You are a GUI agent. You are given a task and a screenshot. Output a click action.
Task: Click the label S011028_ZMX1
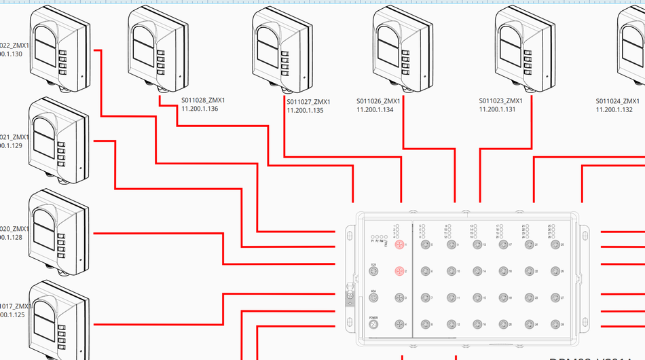pos(203,101)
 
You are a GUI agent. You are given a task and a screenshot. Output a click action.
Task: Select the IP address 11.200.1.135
pos(305,110)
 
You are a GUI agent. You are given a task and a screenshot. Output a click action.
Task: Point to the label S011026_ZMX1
pos(378,101)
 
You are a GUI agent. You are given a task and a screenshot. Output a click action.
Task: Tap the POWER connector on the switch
pos(373,325)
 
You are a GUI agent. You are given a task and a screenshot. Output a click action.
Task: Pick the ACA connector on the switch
pos(373,298)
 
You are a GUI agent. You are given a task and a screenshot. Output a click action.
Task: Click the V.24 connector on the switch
pos(373,272)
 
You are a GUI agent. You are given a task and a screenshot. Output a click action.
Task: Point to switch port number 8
pos(426,324)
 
